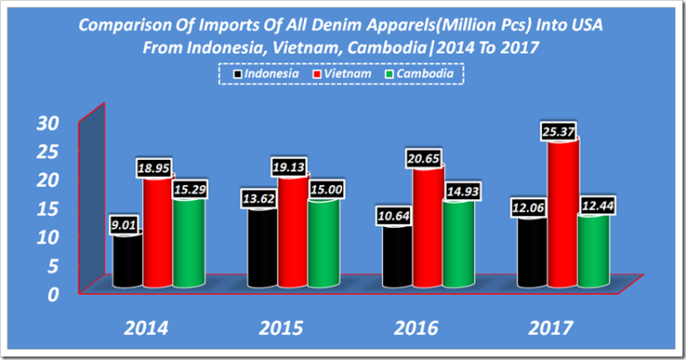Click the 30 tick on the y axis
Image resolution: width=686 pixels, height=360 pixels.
click(46, 121)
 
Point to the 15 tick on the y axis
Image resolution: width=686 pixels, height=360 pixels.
click(46, 207)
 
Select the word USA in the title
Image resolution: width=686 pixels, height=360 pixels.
click(585, 25)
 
